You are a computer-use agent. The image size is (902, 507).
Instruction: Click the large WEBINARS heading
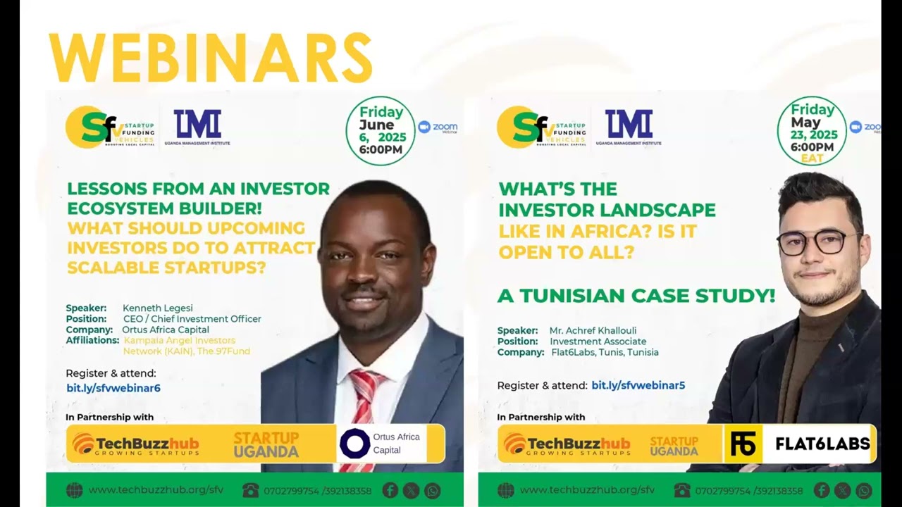tap(210, 58)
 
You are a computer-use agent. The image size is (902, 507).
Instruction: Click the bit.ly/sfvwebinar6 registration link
tap(113, 388)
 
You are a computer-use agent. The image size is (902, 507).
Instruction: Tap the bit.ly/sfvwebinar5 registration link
tap(638, 385)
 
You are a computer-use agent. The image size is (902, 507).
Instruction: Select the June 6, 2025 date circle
tap(381, 131)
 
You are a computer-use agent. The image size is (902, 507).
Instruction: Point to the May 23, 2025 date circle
tap(812, 131)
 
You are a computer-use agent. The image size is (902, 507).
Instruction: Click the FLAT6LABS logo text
tap(822, 444)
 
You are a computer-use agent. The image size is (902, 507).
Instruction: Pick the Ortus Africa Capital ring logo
tap(354, 444)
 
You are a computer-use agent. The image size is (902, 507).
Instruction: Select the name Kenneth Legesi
tap(157, 308)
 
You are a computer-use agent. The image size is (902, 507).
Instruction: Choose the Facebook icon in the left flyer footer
tap(390, 490)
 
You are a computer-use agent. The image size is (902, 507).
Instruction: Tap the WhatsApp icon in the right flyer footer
tap(864, 490)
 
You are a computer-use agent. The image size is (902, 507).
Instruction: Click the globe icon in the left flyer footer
tap(74, 490)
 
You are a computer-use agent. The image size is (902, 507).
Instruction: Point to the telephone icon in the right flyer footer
tap(681, 490)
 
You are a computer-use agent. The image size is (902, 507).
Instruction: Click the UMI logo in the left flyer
tap(197, 125)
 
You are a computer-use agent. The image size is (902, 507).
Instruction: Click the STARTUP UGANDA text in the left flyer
tap(266, 444)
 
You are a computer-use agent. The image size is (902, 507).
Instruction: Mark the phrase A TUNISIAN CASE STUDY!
tap(636, 296)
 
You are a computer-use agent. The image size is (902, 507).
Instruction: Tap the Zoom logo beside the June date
tap(438, 127)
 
